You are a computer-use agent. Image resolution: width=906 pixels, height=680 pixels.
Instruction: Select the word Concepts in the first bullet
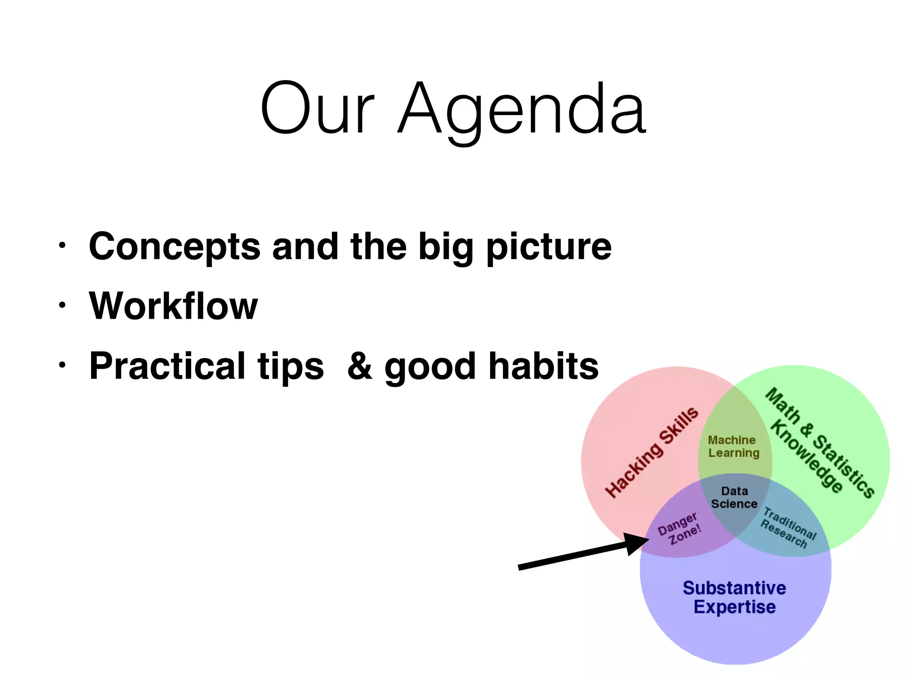175,247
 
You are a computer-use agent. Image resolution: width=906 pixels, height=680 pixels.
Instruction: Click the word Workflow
173,306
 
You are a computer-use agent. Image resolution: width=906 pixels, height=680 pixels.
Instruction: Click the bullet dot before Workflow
62,305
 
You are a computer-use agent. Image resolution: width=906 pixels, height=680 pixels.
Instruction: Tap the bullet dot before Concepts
62,245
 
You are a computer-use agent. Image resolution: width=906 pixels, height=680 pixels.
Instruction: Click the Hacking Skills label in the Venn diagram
652,452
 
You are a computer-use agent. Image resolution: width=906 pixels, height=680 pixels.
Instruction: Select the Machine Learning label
733,446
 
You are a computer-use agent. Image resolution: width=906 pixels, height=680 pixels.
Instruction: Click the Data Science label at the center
734,498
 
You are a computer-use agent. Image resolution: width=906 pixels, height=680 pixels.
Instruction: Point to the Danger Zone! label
680,529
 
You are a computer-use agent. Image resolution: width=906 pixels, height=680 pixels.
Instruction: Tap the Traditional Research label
788,528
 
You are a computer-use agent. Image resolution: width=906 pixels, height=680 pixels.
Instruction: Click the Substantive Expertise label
734,597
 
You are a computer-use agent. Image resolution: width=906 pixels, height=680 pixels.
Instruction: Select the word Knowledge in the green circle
806,457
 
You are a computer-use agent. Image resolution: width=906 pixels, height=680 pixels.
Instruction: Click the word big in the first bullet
445,247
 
